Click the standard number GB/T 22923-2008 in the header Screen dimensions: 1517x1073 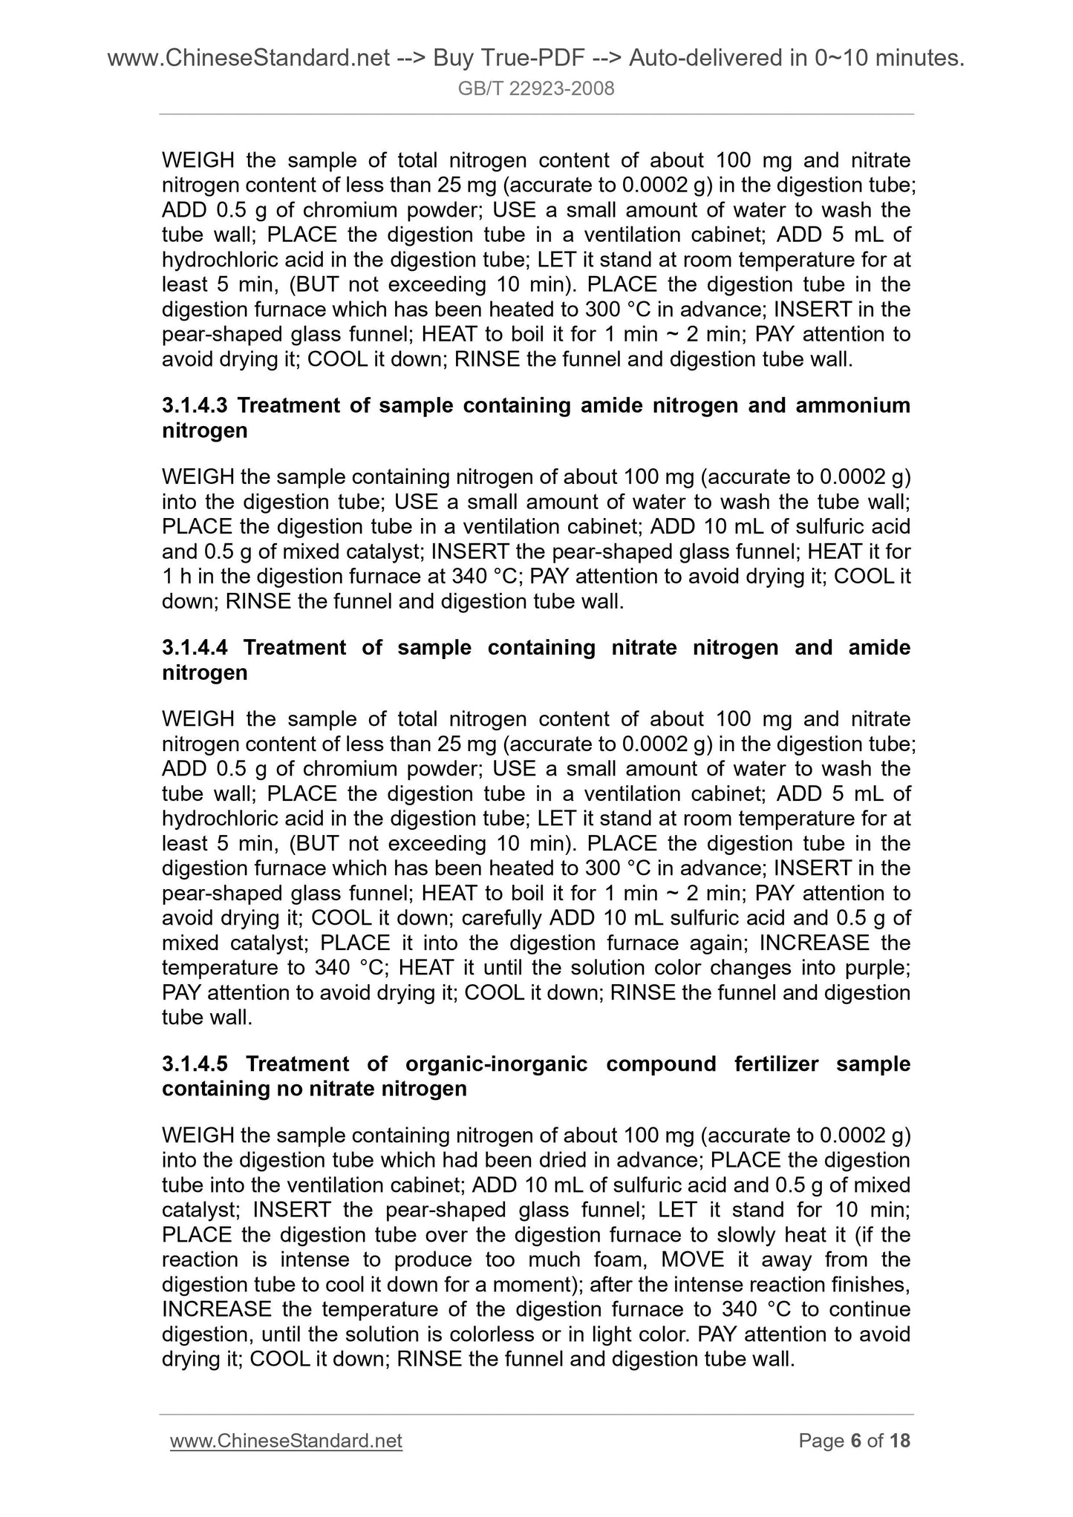[536, 90]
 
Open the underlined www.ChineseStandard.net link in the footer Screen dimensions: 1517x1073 [286, 1441]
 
